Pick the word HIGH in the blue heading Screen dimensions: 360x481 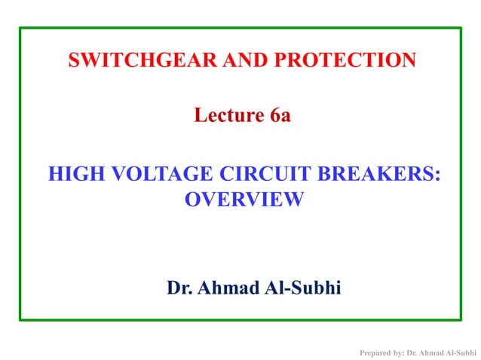[x=77, y=175]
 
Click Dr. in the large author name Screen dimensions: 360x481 [x=179, y=288]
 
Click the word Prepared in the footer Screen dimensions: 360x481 [x=375, y=352]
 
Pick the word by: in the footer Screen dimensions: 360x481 [x=397, y=352]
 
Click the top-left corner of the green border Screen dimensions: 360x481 [x=20, y=29]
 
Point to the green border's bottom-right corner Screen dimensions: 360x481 [x=460, y=319]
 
